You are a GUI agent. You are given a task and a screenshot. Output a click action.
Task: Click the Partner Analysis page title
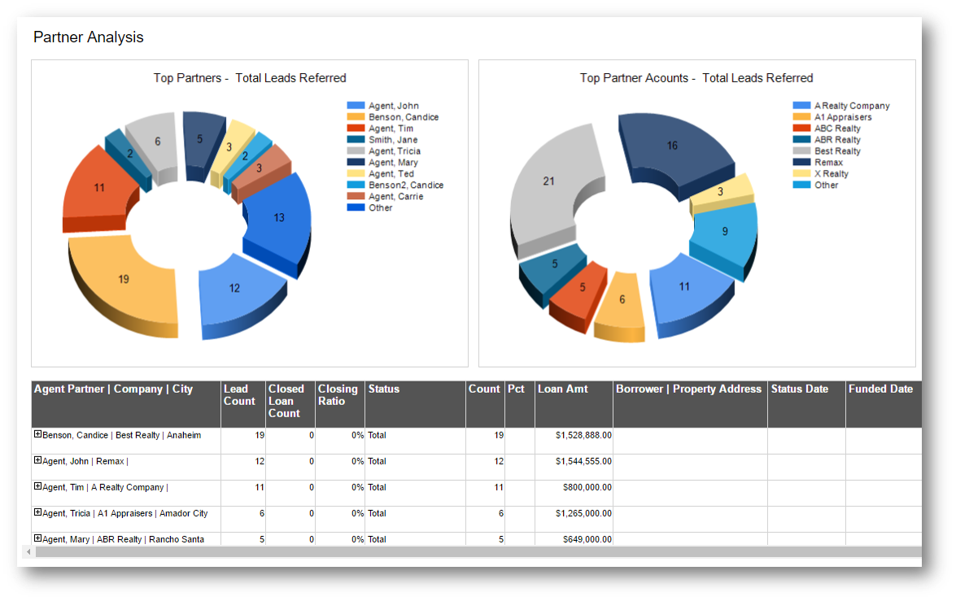(x=88, y=37)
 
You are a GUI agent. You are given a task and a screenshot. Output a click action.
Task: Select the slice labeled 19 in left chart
(x=124, y=281)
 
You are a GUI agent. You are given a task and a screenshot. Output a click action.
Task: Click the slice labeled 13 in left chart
(x=279, y=218)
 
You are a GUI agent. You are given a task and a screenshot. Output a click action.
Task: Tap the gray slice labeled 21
(x=548, y=182)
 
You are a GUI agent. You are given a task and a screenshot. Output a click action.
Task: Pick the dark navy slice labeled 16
(x=672, y=147)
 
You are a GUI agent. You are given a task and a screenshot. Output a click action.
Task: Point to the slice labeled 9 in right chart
(x=724, y=232)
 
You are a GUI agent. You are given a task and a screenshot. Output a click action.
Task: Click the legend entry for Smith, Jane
(x=392, y=140)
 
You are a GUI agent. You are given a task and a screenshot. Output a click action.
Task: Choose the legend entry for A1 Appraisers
(x=842, y=117)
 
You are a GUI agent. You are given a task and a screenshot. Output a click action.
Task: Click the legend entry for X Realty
(x=831, y=174)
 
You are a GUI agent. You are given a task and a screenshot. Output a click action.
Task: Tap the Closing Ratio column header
(x=338, y=395)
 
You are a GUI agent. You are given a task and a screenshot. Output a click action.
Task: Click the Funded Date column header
(x=880, y=390)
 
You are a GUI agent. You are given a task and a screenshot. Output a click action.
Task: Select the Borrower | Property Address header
(x=688, y=390)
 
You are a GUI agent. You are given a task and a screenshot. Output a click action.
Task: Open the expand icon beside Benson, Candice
(x=37, y=434)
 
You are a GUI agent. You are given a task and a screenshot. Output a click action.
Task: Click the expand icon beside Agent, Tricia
(x=37, y=512)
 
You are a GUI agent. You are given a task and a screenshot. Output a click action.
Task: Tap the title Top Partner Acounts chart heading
(x=696, y=78)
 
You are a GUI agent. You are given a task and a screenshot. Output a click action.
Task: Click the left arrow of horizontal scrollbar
(x=28, y=552)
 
